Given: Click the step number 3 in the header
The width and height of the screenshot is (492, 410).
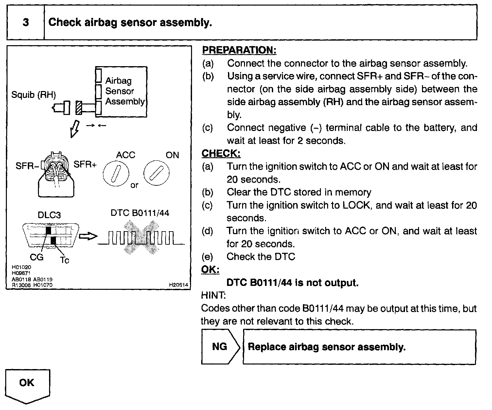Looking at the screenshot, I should [x=26, y=22].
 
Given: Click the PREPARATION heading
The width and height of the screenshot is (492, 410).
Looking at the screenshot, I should [x=239, y=50].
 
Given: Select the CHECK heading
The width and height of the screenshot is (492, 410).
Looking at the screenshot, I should [x=221, y=153].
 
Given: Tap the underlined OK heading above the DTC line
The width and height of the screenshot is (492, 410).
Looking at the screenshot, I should [x=210, y=270].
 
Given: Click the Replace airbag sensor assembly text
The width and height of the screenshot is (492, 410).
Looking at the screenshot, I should [x=326, y=347].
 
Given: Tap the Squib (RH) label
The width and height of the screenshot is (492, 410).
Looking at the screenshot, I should [x=33, y=95].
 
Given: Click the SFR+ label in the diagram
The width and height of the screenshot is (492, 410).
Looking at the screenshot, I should [x=85, y=164].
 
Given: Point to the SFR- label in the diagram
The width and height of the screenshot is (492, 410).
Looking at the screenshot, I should [x=27, y=166].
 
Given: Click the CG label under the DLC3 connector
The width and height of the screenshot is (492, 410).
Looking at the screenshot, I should [x=36, y=257].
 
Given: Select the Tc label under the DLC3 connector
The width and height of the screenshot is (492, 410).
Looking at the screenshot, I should [x=64, y=260].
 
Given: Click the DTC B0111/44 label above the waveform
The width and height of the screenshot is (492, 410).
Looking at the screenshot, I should [x=140, y=213].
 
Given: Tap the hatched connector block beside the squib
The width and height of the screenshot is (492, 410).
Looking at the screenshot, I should [x=79, y=107].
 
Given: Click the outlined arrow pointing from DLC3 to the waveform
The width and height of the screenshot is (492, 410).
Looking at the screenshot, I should [x=88, y=236].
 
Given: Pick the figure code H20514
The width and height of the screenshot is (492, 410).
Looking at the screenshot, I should [x=178, y=285].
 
